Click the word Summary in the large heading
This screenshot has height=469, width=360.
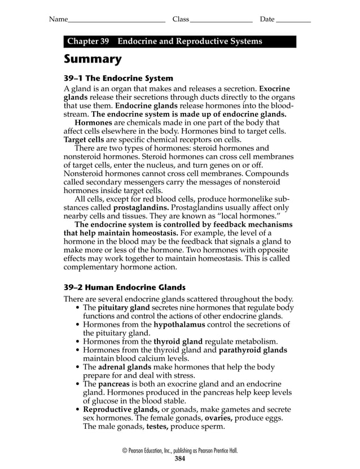coord(93,59)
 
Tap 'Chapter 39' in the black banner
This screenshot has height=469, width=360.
coord(87,42)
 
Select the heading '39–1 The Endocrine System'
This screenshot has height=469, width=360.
coord(118,78)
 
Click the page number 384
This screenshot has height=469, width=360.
coord(180,458)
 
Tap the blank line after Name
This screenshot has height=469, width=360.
coord(116,20)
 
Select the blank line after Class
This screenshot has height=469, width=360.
coord(221,20)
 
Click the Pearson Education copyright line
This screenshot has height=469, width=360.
coord(180,450)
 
